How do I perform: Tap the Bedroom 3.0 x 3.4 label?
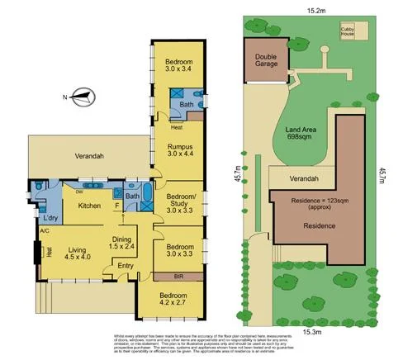(178, 66)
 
